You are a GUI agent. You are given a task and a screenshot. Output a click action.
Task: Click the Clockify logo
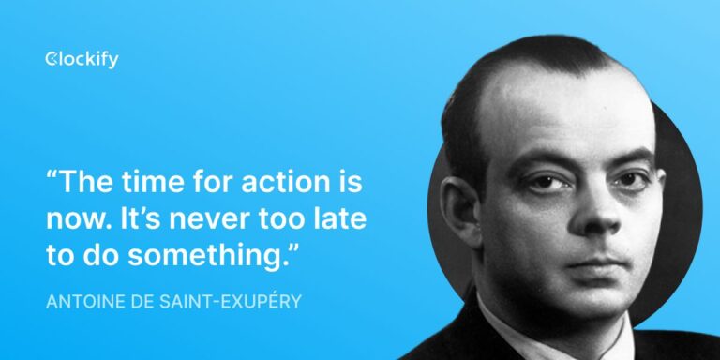pos(82,60)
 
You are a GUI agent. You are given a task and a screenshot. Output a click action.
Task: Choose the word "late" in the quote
pos(339,218)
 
